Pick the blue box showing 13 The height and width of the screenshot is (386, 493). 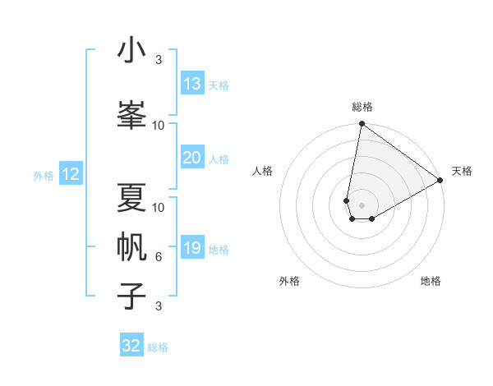point(192,84)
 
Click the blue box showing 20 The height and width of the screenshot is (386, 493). point(192,158)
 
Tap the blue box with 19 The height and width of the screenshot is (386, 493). point(192,248)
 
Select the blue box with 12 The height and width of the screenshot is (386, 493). point(71,174)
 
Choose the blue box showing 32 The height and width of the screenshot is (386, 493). point(131,346)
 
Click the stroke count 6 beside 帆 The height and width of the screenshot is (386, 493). point(159,257)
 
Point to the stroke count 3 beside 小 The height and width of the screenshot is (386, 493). point(159,60)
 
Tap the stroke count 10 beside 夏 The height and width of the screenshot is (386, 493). point(159,207)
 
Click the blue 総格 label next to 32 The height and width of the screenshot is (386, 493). point(158,347)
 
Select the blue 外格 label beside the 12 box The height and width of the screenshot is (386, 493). point(44,175)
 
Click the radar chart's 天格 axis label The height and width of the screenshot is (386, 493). point(462,171)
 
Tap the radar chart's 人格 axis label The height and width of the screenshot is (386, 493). point(262,171)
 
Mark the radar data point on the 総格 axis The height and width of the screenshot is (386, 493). point(362,124)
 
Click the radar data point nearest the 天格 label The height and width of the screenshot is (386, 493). point(440,180)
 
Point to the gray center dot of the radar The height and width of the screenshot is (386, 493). point(362,204)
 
